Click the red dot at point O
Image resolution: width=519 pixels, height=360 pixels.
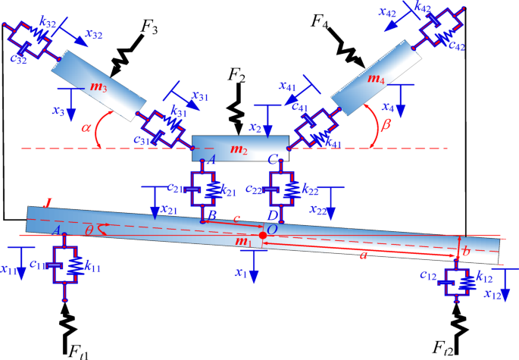coord(263,236)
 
